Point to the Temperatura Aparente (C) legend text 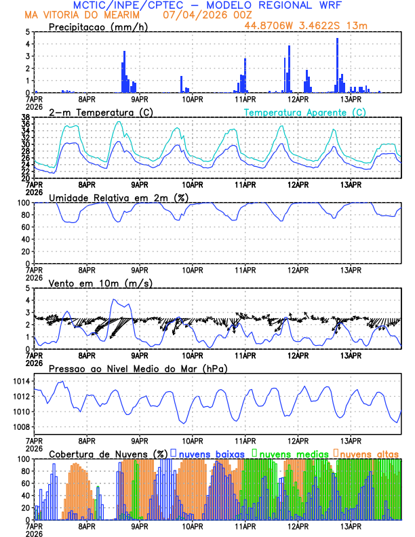(304, 112)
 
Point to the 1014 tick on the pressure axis (21, 381)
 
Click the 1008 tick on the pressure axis (21, 426)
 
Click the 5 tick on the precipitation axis (28, 32)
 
